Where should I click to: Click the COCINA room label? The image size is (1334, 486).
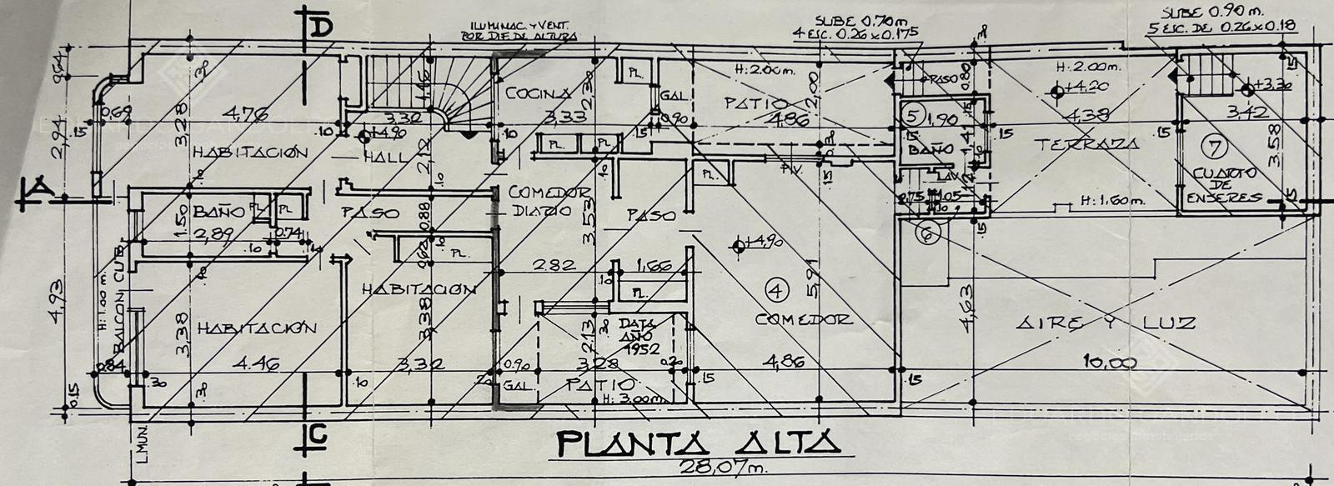[538, 93]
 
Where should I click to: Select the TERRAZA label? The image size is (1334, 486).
[1086, 144]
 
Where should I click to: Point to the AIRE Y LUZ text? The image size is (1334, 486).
[1105, 323]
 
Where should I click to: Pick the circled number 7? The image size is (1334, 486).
[1215, 147]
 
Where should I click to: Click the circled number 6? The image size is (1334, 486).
[930, 235]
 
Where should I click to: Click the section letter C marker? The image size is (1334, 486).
[316, 433]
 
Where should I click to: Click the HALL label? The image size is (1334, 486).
[389, 156]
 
